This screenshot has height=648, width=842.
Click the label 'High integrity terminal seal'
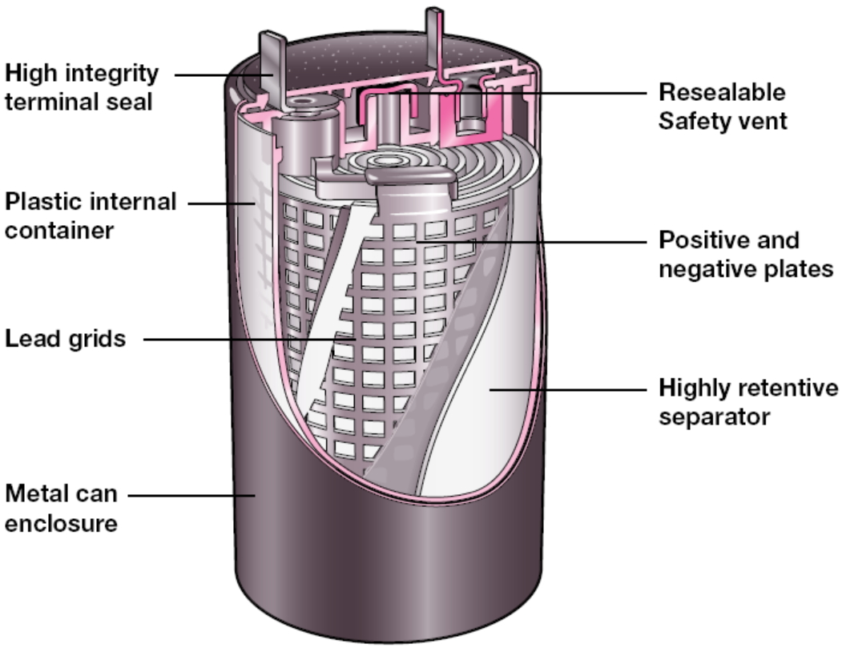(x=82, y=87)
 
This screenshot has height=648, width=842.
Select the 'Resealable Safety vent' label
(x=722, y=106)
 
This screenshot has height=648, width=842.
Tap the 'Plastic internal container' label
(x=91, y=215)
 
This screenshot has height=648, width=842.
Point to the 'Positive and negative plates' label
(x=746, y=254)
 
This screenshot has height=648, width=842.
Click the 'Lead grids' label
(x=66, y=339)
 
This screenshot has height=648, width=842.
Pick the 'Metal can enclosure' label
(x=62, y=509)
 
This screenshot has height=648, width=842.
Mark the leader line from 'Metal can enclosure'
(x=192, y=495)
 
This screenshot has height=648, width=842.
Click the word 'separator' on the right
(x=714, y=417)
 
